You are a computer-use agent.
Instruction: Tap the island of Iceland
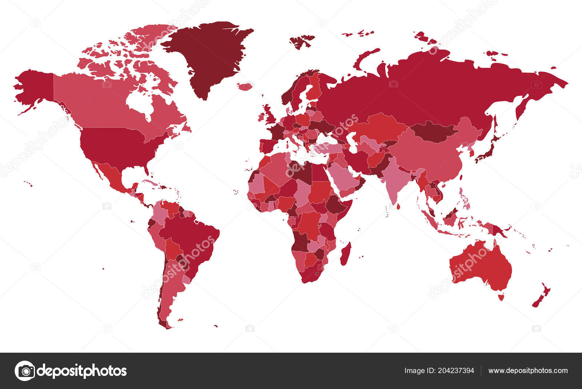click(x=244, y=86)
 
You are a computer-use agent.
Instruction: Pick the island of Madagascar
click(x=346, y=254)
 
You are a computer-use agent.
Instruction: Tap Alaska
click(x=35, y=87)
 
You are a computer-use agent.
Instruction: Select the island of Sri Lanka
click(x=398, y=207)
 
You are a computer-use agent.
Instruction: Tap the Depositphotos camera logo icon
click(x=25, y=371)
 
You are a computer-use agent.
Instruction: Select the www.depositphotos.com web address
click(x=528, y=371)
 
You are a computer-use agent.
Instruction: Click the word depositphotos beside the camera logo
click(x=82, y=371)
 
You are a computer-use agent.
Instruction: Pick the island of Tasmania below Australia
click(x=501, y=297)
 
